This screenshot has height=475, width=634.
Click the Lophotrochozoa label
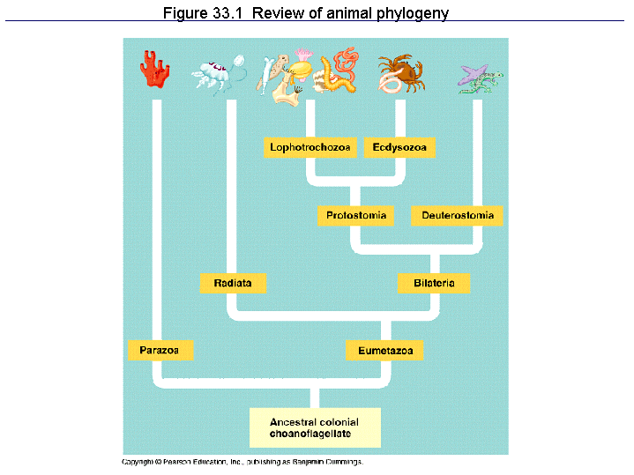(x=310, y=147)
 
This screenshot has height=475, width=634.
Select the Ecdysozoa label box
(x=399, y=147)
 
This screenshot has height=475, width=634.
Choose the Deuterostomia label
(x=457, y=216)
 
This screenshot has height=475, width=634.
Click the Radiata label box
(x=233, y=284)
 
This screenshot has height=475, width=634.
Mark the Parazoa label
(x=160, y=351)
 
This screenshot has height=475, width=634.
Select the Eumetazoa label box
(x=385, y=351)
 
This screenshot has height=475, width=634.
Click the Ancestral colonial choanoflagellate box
(x=316, y=427)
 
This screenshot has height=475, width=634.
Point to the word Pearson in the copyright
(x=176, y=462)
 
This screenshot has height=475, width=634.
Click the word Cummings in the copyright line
(x=341, y=462)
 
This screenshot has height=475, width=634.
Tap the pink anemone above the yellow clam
(x=304, y=56)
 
